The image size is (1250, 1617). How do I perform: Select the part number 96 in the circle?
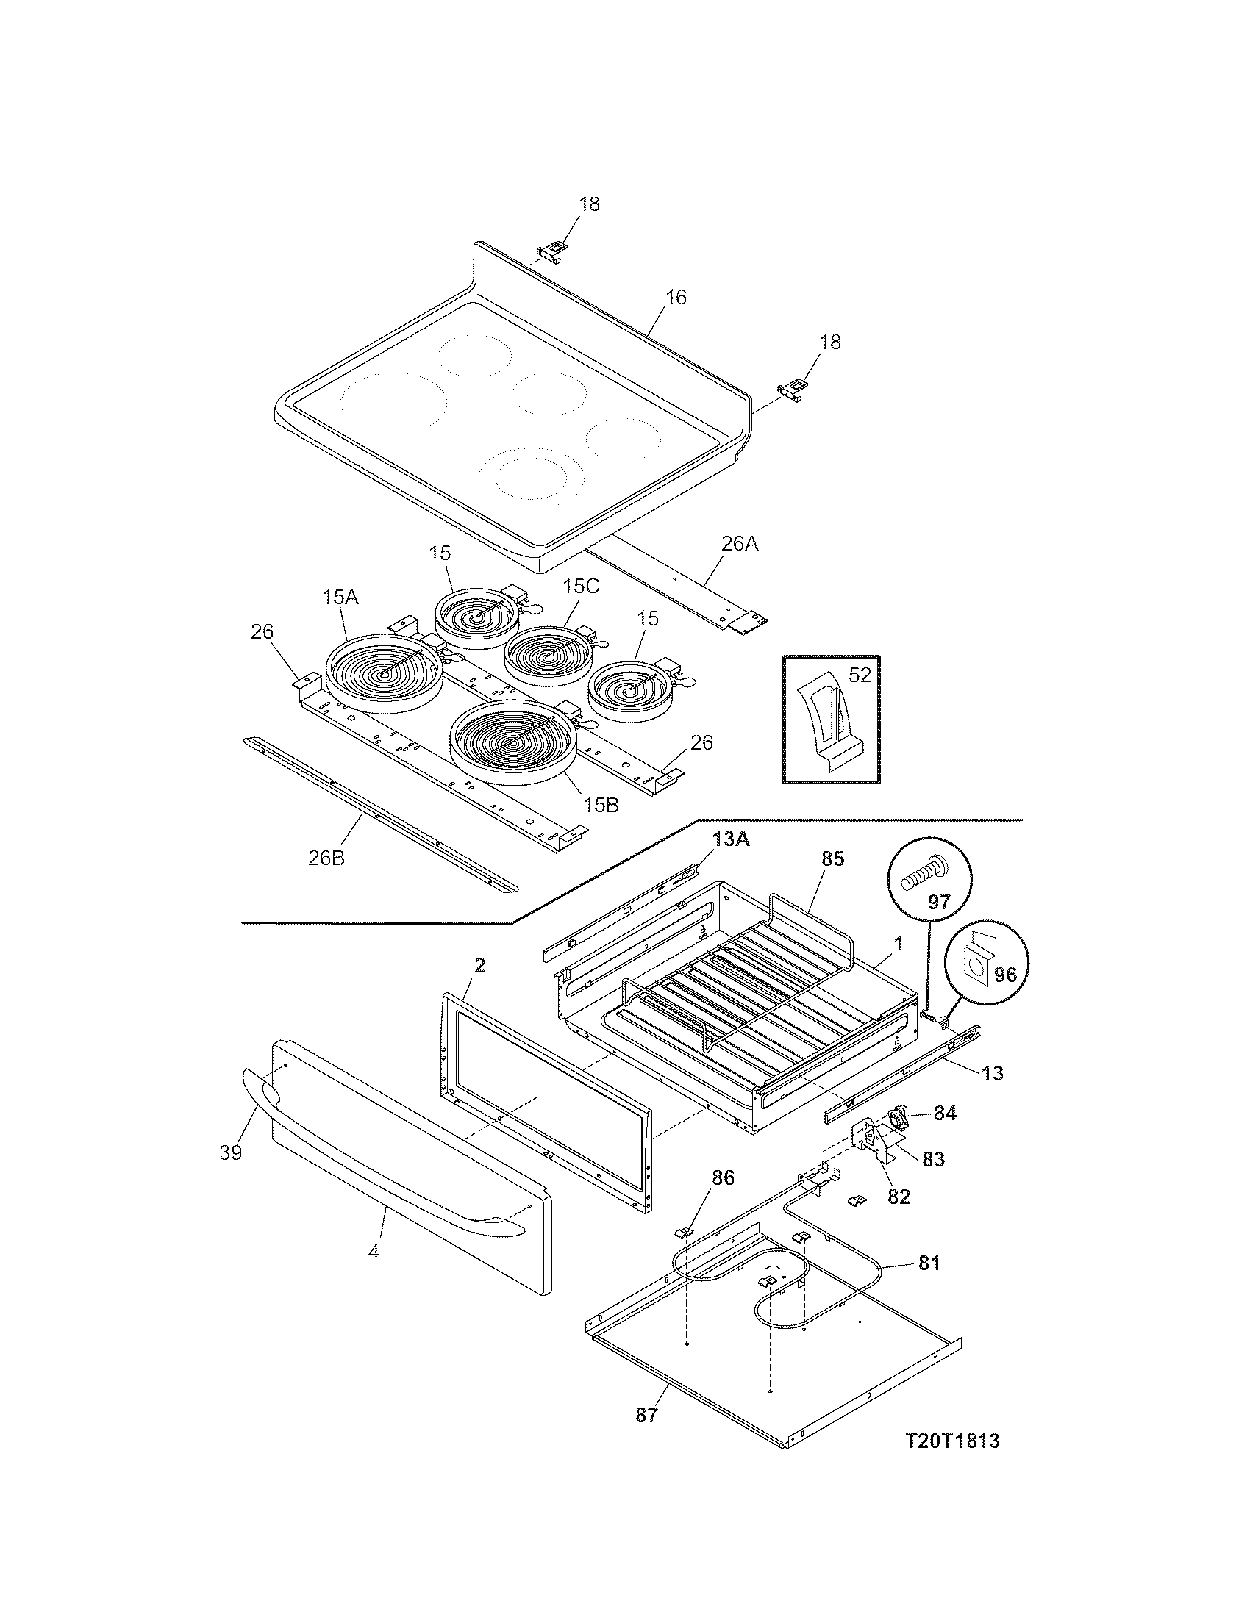(1004, 975)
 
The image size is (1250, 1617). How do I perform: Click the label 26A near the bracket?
(740, 544)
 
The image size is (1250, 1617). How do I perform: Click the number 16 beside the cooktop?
(675, 297)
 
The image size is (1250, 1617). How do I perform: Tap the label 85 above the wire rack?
(832, 858)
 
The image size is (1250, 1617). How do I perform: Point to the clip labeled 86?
(685, 1232)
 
